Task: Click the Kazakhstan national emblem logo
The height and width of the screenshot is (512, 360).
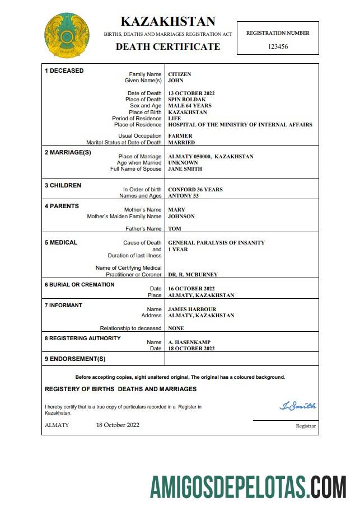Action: tap(67, 36)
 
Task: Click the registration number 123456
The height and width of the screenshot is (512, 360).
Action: tap(278, 46)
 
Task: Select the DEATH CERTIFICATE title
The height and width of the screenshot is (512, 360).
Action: tap(168, 46)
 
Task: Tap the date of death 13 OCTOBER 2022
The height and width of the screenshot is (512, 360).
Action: tap(191, 93)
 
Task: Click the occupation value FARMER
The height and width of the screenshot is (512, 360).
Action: tap(180, 136)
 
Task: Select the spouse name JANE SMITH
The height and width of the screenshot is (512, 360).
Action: tap(185, 168)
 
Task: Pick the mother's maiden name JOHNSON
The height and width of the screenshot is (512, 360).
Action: tap(181, 217)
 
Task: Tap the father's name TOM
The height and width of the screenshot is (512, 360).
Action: tap(175, 229)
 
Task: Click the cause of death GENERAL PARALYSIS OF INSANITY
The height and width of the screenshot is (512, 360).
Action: tap(216, 243)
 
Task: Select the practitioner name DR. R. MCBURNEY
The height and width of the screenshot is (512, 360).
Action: tap(193, 275)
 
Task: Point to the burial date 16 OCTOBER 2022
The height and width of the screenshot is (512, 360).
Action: tap(191, 289)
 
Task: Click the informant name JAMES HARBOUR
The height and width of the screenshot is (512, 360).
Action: tap(192, 309)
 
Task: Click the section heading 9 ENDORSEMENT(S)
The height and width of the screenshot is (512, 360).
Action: tap(75, 359)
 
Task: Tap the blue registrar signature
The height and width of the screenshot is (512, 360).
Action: tap(298, 406)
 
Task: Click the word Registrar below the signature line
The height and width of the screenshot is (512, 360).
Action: tap(306, 426)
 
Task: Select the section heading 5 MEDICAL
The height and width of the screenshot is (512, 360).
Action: tap(61, 243)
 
